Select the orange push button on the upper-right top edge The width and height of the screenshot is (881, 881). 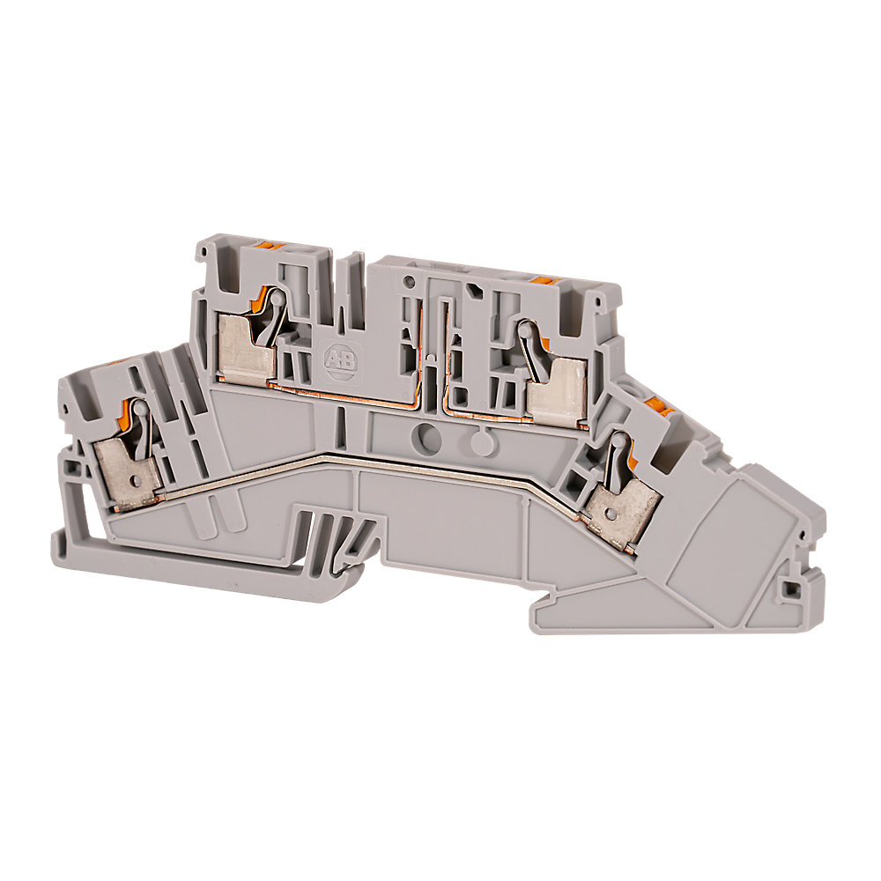click(544, 278)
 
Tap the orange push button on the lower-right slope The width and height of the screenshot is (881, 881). click(654, 403)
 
